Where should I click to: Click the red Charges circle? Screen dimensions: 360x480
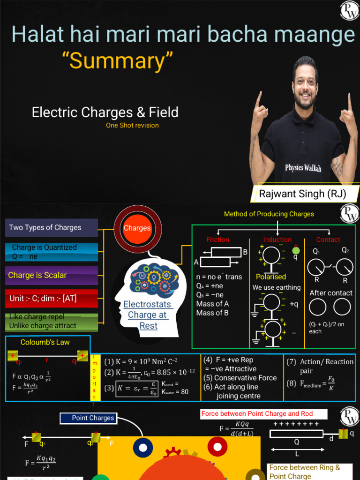137,228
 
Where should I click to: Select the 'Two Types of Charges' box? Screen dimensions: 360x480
52,228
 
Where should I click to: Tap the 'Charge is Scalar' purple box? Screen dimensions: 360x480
52,275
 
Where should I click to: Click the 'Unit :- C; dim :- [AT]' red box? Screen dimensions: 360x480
52,298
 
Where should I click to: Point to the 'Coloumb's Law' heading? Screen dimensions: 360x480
45,342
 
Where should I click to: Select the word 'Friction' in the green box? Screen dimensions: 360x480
217,240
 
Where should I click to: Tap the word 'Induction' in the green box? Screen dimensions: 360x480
277,240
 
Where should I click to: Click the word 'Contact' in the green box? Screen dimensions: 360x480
328,240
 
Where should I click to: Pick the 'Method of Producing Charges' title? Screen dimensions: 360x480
269,214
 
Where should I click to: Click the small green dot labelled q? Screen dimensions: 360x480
296,250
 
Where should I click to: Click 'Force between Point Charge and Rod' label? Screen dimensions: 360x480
257,414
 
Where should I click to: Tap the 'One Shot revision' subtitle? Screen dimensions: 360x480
132,125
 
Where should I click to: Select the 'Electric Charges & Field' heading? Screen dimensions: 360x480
105,112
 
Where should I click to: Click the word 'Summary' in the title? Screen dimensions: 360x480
118,61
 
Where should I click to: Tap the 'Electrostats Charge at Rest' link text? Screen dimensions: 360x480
148,315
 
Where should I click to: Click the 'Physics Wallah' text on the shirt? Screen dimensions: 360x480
303,168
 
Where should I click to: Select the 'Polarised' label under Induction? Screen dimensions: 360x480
271,277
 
